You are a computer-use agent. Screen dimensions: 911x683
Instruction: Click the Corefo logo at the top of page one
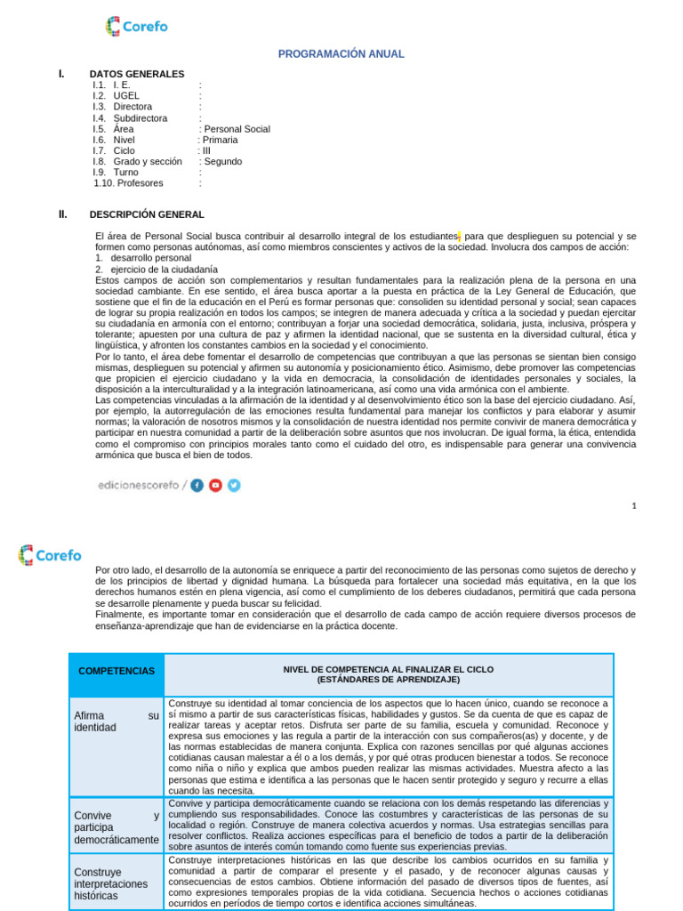click(x=136, y=27)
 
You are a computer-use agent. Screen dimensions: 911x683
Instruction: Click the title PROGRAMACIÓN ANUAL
click(x=341, y=54)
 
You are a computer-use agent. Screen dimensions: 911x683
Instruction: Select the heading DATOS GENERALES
click(x=137, y=74)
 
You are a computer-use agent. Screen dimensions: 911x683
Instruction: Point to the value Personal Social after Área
click(x=237, y=129)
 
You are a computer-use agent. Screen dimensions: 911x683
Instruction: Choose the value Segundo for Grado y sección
click(x=222, y=162)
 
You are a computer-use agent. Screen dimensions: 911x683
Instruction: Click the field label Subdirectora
click(x=140, y=118)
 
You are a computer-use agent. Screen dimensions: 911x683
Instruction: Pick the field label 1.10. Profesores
click(x=129, y=183)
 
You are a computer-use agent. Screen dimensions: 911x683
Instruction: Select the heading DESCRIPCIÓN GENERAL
click(x=147, y=214)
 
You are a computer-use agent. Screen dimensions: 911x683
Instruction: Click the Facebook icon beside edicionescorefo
click(x=197, y=485)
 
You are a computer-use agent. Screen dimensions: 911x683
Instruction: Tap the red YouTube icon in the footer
click(x=215, y=485)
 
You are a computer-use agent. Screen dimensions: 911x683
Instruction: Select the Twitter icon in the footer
click(x=234, y=485)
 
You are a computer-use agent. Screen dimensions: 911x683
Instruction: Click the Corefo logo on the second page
click(x=50, y=555)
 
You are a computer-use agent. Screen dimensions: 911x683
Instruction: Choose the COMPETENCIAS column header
click(x=116, y=671)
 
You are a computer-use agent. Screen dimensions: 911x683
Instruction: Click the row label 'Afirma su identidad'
click(x=117, y=722)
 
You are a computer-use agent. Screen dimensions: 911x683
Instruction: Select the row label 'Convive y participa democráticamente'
click(x=117, y=827)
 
